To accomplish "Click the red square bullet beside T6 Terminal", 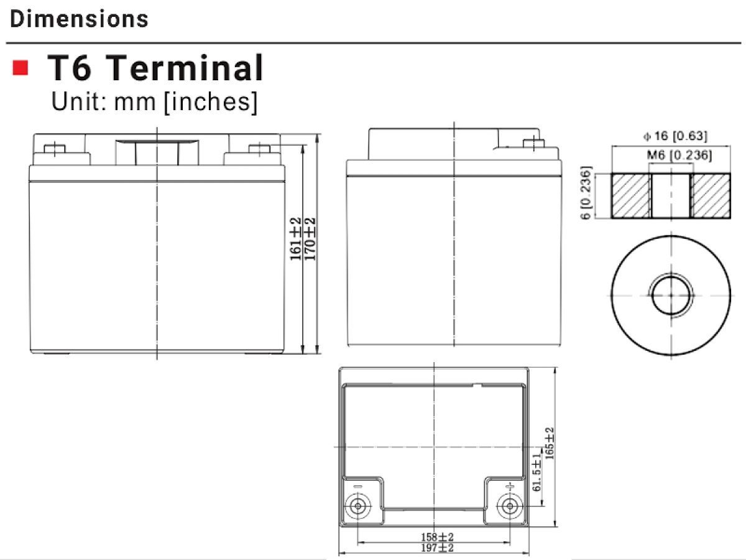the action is pyautogui.click(x=21, y=67).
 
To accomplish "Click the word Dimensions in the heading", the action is pyautogui.click(x=79, y=19).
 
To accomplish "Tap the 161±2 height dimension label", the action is pyautogui.click(x=295, y=239).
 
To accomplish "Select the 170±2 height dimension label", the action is pyautogui.click(x=310, y=239).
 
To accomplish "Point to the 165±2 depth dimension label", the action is pyautogui.click(x=549, y=444).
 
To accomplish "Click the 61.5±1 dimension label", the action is pyautogui.click(x=536, y=473).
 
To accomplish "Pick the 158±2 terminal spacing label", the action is pyautogui.click(x=437, y=537).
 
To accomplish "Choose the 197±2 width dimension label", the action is pyautogui.click(x=437, y=548).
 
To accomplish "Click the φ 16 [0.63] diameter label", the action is pyautogui.click(x=675, y=136).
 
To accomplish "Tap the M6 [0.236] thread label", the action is pyautogui.click(x=679, y=156).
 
